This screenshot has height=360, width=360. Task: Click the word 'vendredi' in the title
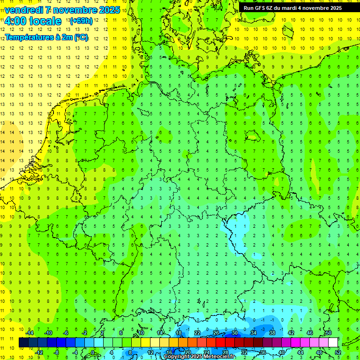(x=24, y=10)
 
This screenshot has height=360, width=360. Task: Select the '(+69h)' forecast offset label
(x=81, y=21)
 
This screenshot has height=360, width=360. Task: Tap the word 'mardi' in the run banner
(x=293, y=8)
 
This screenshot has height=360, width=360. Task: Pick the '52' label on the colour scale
(x=338, y=352)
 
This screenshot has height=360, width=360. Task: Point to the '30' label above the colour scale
(x=234, y=333)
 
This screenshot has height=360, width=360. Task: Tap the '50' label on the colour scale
(x=328, y=333)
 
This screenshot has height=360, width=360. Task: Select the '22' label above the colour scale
(x=197, y=333)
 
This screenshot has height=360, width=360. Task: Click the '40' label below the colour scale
(x=282, y=352)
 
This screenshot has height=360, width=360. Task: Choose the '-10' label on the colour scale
(x=48, y=333)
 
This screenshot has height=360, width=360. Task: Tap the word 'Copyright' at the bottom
(x=177, y=357)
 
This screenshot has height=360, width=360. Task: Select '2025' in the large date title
(x=107, y=10)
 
